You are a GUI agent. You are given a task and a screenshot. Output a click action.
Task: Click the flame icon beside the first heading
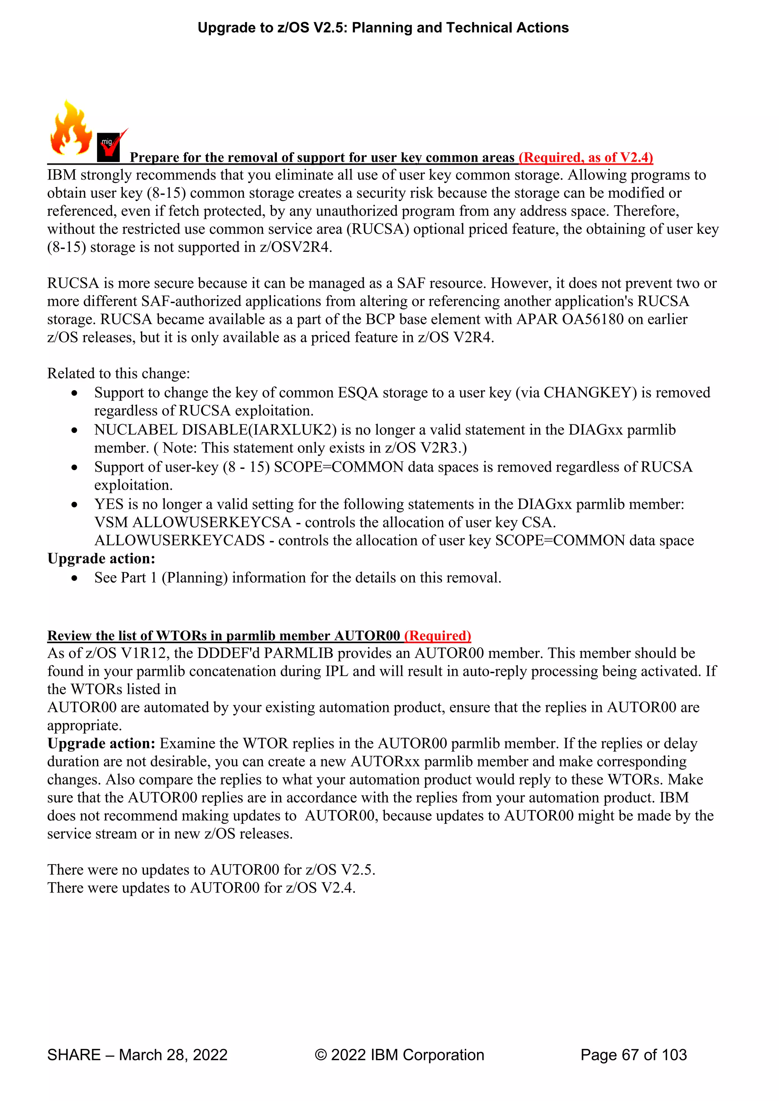[x=71, y=129]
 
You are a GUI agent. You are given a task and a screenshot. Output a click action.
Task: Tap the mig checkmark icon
[x=111, y=145]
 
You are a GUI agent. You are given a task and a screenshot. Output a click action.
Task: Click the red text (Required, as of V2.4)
[x=586, y=157]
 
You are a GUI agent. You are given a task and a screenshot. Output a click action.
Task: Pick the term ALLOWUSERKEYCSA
[x=211, y=522]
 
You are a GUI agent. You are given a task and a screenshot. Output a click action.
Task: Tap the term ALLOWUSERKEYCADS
[x=180, y=540]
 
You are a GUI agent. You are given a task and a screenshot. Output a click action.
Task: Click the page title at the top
[x=383, y=28]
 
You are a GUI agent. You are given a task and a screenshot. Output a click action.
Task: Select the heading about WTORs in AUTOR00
[x=224, y=636]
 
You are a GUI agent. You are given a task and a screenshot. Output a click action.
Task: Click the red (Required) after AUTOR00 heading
[x=437, y=636]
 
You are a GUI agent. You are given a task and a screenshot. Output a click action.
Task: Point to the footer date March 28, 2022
[x=173, y=1055]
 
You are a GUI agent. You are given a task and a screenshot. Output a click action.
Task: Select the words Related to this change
[x=118, y=373]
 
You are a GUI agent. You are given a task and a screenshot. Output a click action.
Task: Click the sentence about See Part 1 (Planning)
[x=297, y=578]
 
